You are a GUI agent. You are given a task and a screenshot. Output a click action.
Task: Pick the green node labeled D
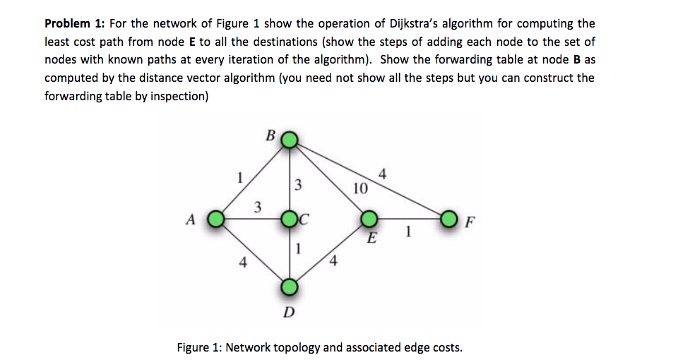click(x=290, y=287)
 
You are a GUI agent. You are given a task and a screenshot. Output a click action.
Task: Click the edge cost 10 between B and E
click(x=359, y=188)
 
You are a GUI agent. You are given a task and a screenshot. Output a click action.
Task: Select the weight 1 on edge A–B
click(x=240, y=176)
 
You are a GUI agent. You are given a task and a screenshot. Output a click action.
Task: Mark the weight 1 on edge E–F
click(x=408, y=231)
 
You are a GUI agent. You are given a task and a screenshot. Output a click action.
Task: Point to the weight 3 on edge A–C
click(x=258, y=207)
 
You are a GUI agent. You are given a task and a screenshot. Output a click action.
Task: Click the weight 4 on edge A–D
click(x=243, y=264)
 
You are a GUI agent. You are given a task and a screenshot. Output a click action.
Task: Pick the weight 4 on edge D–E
click(x=334, y=264)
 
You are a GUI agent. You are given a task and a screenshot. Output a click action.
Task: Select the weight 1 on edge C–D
click(x=299, y=248)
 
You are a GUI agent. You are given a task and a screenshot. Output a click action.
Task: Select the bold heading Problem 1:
click(x=74, y=24)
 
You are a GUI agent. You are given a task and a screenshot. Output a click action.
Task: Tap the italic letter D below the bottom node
click(x=288, y=313)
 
